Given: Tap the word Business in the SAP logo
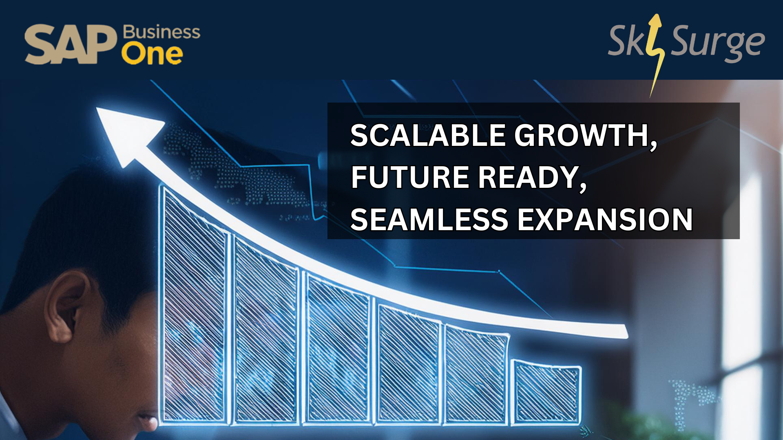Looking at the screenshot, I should (x=161, y=32).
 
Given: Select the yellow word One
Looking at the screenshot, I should (x=152, y=55).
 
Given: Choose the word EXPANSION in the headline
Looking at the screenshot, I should (x=605, y=220).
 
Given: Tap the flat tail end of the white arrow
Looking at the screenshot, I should (x=624, y=332).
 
